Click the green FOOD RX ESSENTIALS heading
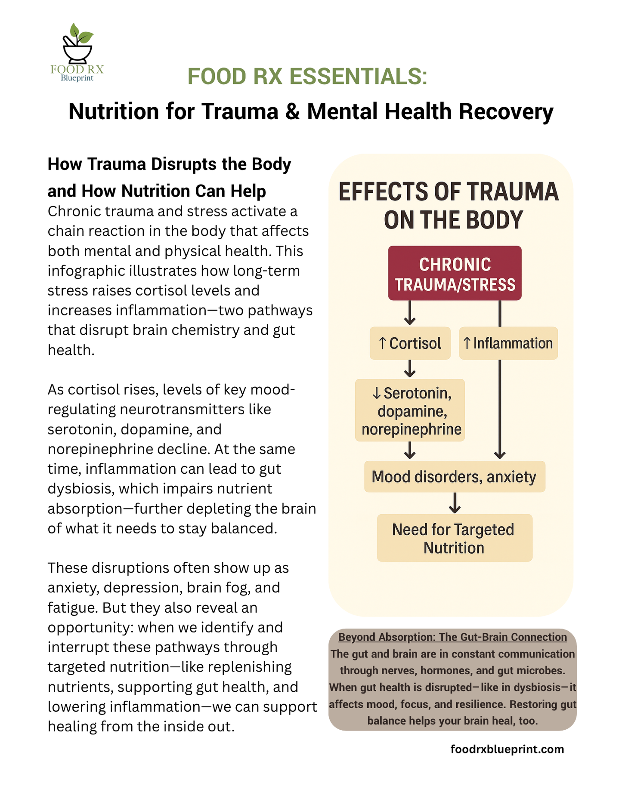[x=307, y=77]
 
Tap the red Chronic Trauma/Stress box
[x=455, y=274]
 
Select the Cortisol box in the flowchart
[x=410, y=343]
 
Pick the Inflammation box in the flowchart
[x=508, y=343]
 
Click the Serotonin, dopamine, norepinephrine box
[x=410, y=410]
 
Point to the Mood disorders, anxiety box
[x=455, y=477]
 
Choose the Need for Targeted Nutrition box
[x=455, y=538]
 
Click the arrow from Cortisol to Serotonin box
[x=410, y=369]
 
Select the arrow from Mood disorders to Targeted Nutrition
[x=455, y=503]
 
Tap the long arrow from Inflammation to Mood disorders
[x=500, y=409]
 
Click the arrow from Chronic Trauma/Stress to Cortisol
[x=410, y=313]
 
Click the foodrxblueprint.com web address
[x=507, y=749]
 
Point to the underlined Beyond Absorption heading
[x=452, y=637]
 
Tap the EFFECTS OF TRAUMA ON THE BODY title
[x=449, y=206]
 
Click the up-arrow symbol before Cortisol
[x=382, y=343]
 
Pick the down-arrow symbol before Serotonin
[x=376, y=393]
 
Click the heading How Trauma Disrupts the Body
[x=169, y=164]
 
